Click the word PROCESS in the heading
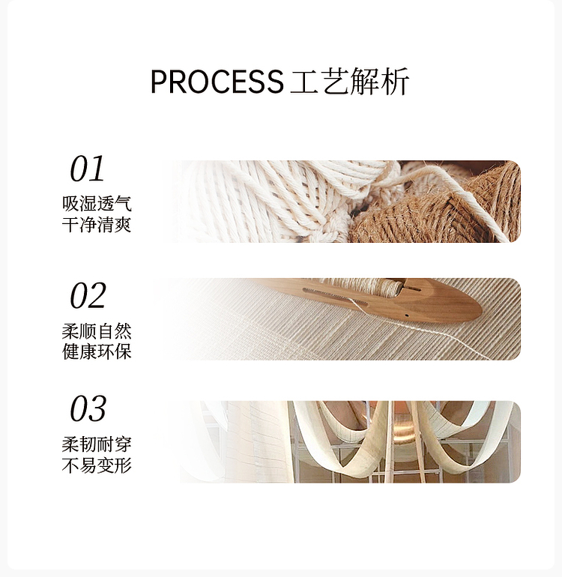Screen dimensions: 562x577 point(217,82)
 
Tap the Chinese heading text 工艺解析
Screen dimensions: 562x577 point(350,82)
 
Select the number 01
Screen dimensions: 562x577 point(88,169)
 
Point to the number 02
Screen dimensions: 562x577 point(88,295)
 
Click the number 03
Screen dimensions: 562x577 point(88,408)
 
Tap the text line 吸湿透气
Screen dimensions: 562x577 point(97,204)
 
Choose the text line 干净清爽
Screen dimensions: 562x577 point(97,225)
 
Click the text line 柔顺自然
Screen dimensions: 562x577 point(97,330)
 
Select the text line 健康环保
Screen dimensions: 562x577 point(97,351)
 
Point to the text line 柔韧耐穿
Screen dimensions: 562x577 point(97,444)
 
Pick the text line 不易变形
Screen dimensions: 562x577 point(97,465)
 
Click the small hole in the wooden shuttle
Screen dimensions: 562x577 point(406,315)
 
